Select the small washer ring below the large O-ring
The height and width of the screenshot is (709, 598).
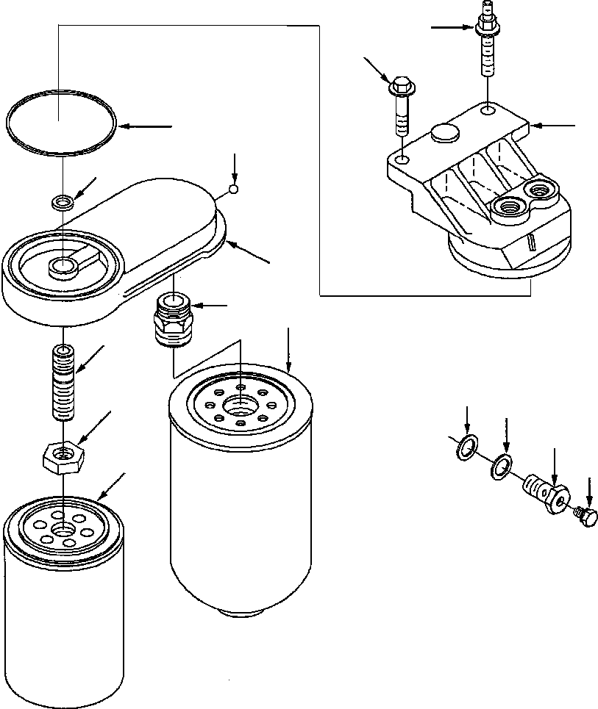click(x=63, y=201)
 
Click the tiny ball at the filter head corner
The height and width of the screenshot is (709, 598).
click(x=233, y=190)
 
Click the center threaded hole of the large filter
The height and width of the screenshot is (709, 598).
click(x=241, y=405)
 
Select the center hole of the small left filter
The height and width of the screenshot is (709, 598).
click(x=63, y=528)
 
